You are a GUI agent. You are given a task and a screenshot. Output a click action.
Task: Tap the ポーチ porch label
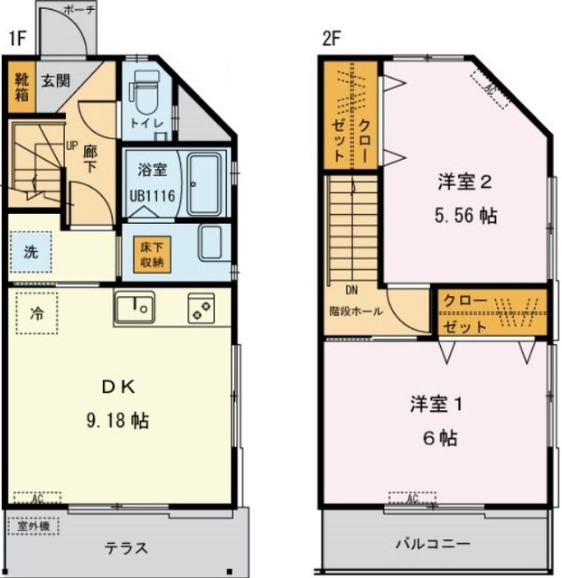80,9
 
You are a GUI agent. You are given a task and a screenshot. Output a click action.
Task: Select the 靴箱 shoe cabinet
20,87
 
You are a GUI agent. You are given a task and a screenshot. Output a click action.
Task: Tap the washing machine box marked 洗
32,252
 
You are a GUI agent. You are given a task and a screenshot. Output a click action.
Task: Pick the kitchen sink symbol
134,308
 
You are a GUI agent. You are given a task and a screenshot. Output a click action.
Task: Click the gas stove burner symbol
200,308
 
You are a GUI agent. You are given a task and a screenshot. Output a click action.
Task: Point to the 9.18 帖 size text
118,420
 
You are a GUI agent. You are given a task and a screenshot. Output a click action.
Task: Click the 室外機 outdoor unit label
34,525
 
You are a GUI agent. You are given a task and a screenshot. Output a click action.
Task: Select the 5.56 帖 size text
466,217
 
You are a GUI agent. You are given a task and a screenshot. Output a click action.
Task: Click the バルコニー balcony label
433,545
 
